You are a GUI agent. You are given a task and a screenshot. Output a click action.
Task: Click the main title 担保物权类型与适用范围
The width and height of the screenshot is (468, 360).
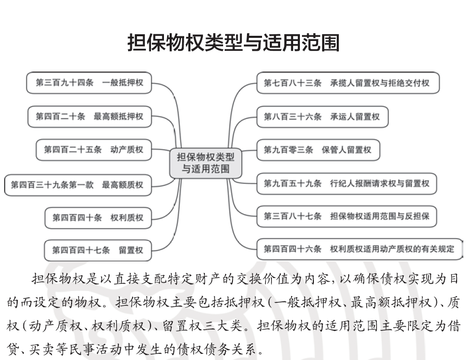233,43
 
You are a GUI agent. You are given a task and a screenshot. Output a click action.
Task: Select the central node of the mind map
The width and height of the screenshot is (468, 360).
205,163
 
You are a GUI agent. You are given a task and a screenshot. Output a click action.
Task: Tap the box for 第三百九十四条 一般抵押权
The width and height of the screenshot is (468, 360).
89,82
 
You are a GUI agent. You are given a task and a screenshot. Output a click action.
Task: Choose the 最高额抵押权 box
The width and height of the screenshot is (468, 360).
90,116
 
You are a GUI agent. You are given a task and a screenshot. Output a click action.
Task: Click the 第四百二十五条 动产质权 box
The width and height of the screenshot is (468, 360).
94,149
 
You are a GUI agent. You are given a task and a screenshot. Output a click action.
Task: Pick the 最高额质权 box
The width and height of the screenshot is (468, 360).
78,185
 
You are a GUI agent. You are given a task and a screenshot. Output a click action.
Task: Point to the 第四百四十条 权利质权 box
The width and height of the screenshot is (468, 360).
98,218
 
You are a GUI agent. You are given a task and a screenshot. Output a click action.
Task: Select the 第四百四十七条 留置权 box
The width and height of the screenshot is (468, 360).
98,250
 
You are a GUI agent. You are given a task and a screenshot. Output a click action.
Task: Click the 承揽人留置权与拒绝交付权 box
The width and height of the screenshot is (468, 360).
348,82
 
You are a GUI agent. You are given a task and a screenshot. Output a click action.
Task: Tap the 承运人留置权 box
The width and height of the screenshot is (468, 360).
322,117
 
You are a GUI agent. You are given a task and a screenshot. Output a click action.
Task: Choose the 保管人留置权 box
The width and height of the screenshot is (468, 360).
318,150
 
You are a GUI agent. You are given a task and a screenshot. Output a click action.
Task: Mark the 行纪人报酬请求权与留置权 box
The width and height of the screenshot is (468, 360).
347,184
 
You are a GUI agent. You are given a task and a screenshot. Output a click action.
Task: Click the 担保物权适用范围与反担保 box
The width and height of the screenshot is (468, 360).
347,216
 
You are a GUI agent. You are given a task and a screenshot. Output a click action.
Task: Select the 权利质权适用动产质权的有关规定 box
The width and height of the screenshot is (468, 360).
360,249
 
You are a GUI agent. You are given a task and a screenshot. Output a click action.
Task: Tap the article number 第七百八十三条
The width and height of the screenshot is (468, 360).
293,82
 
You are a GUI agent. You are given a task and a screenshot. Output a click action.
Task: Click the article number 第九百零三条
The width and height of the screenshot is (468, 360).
288,150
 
